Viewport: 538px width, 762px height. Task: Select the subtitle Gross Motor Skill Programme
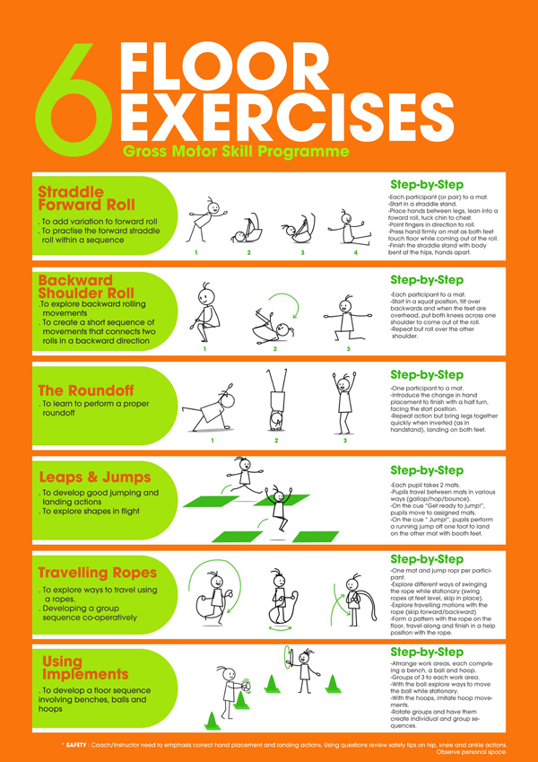coord(236,152)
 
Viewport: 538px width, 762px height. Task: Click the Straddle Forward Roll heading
coord(86,198)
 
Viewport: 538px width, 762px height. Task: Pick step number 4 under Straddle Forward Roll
coord(356,253)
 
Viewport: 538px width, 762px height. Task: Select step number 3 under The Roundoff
coord(345,441)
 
